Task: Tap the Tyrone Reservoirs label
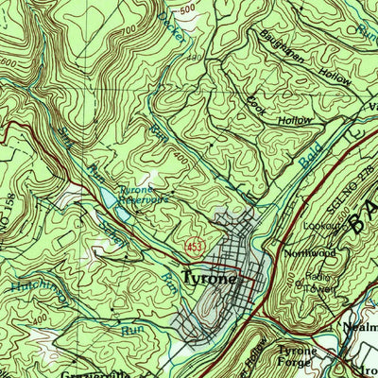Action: [x=142, y=196]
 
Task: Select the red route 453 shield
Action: [x=193, y=246]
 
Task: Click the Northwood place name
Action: [x=312, y=253]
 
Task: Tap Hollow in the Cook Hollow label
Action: [x=298, y=121]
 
